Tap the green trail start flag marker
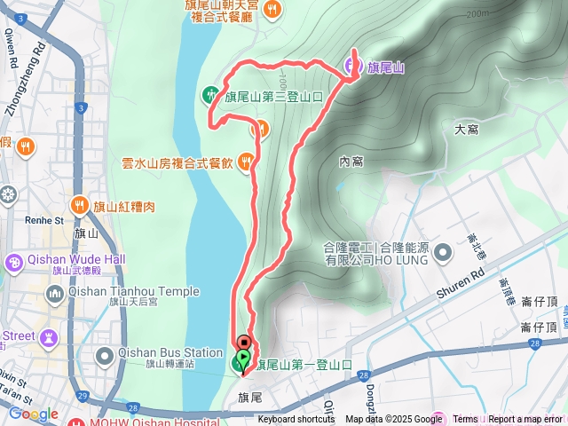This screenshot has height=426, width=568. [241, 362]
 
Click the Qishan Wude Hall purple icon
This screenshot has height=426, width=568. [14, 264]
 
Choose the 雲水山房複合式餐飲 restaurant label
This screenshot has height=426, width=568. [177, 162]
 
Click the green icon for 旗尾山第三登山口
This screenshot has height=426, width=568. [210, 93]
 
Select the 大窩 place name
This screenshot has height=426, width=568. [466, 130]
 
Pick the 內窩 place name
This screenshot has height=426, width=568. [351, 162]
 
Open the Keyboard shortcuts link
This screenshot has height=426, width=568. [296, 420]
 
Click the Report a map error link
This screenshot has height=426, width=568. [526, 420]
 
